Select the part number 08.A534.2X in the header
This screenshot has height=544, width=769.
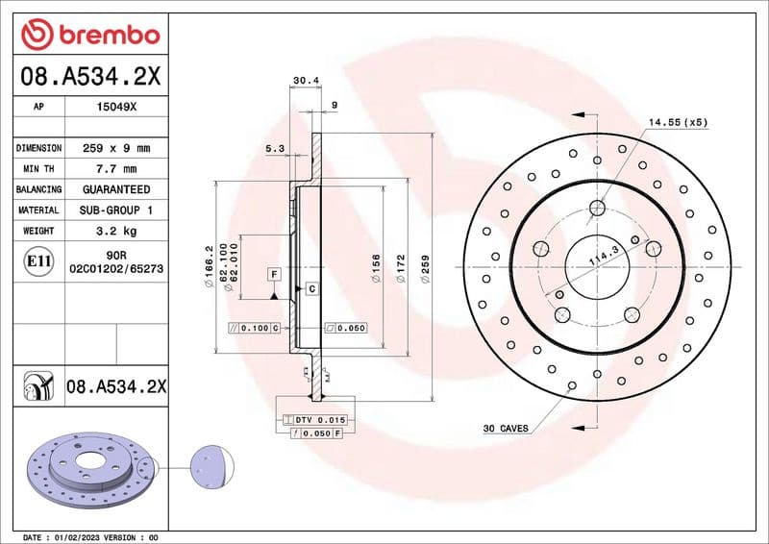pos(89,76)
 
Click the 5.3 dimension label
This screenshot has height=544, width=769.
pos(275,148)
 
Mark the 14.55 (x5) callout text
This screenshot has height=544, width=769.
pos(677,123)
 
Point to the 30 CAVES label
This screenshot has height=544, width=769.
pos(506,429)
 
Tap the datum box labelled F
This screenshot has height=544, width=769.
pos(274,275)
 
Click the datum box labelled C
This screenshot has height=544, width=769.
pos(311,288)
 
